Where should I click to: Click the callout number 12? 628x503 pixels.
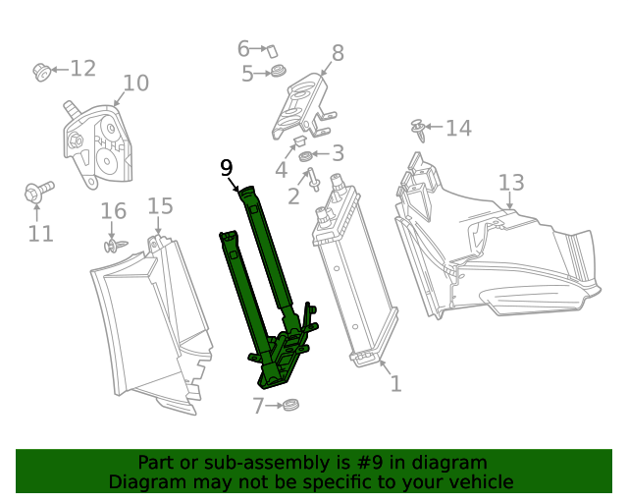82,68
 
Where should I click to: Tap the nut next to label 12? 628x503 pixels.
41,71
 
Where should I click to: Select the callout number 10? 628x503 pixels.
135,84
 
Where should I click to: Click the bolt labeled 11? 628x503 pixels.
34,193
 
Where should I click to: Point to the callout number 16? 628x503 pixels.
114,211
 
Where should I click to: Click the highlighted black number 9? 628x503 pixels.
227,168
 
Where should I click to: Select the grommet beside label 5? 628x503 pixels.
278,72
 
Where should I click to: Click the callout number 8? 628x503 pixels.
338,53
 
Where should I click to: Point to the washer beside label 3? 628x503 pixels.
305,156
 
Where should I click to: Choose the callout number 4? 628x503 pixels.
281,170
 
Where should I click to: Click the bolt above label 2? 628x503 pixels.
313,180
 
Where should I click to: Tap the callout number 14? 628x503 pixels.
458,128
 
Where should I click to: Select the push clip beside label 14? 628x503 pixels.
420,129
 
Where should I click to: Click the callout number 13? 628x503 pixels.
510,183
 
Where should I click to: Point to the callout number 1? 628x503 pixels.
395,383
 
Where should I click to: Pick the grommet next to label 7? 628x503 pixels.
289,405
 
